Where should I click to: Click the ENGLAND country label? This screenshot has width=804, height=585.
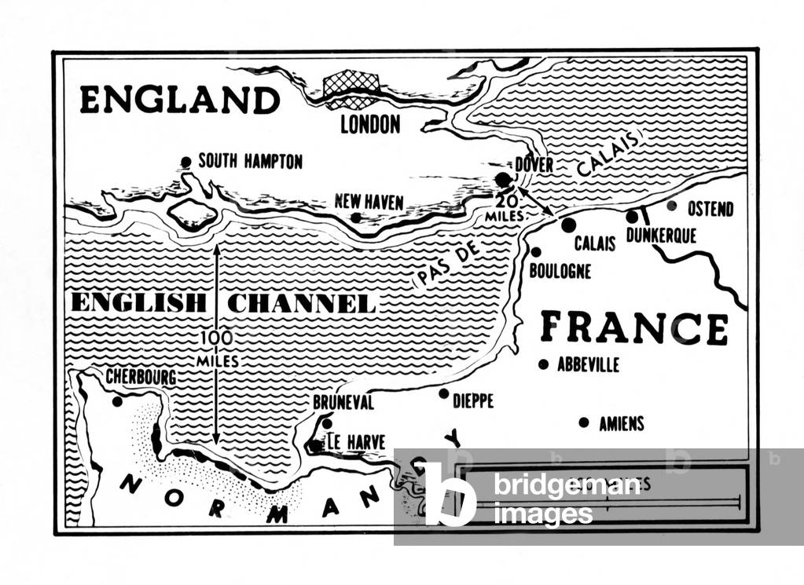(x=179, y=101)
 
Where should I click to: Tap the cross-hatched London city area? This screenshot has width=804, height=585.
(x=351, y=89)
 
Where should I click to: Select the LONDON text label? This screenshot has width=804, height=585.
(x=369, y=124)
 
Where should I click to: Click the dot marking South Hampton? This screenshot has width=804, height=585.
(x=185, y=163)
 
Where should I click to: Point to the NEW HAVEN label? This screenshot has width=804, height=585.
(x=369, y=202)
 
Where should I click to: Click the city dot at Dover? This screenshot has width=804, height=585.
(x=502, y=180)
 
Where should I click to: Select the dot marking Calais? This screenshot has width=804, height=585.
(x=568, y=225)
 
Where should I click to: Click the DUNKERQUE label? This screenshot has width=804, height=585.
(x=661, y=235)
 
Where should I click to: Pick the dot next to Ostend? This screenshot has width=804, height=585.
(x=671, y=206)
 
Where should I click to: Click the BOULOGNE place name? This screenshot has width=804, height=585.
(x=560, y=272)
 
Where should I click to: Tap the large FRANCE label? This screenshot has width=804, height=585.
(x=633, y=327)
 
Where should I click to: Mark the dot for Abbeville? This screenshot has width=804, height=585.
(x=542, y=364)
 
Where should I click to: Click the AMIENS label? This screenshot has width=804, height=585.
(x=621, y=423)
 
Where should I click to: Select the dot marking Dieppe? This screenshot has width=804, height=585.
(x=443, y=393)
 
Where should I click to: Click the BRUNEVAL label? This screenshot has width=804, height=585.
(x=343, y=402)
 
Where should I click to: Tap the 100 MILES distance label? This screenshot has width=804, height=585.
(x=216, y=349)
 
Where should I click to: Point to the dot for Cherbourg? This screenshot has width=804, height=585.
(x=117, y=401)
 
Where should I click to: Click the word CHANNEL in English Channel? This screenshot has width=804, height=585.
(x=301, y=303)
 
